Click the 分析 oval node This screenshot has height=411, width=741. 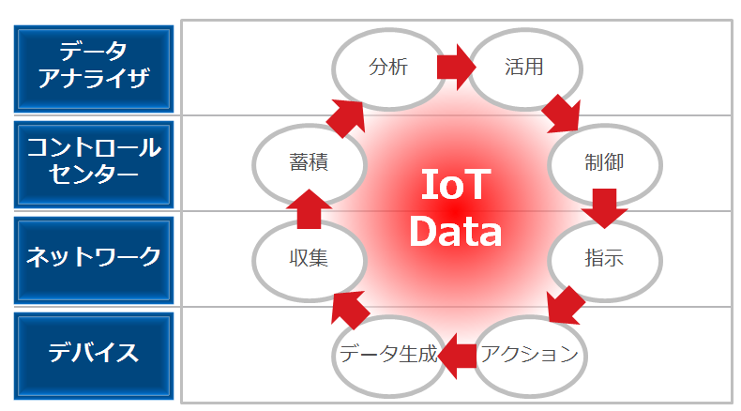click(388, 68)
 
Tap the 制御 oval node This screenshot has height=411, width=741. click(601, 161)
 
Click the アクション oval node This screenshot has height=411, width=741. click(529, 355)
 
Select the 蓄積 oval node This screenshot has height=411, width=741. click(309, 161)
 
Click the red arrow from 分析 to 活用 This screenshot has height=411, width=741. click(456, 68)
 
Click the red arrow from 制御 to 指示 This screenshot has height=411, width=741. click(603, 208)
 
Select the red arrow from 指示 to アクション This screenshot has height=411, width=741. click(564, 305)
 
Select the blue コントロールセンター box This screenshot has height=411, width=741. click(94, 161)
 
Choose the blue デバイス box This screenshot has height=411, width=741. click(94, 354)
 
